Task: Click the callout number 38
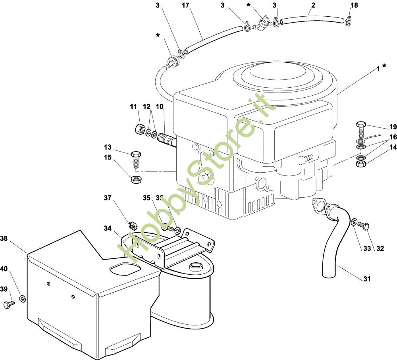(x=4, y=239)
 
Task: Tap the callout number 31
(x=367, y=279)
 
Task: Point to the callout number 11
(x=133, y=106)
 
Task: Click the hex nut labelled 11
(x=139, y=129)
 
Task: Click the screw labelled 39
(x=8, y=304)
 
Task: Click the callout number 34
(x=107, y=228)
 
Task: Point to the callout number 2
(x=314, y=5)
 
